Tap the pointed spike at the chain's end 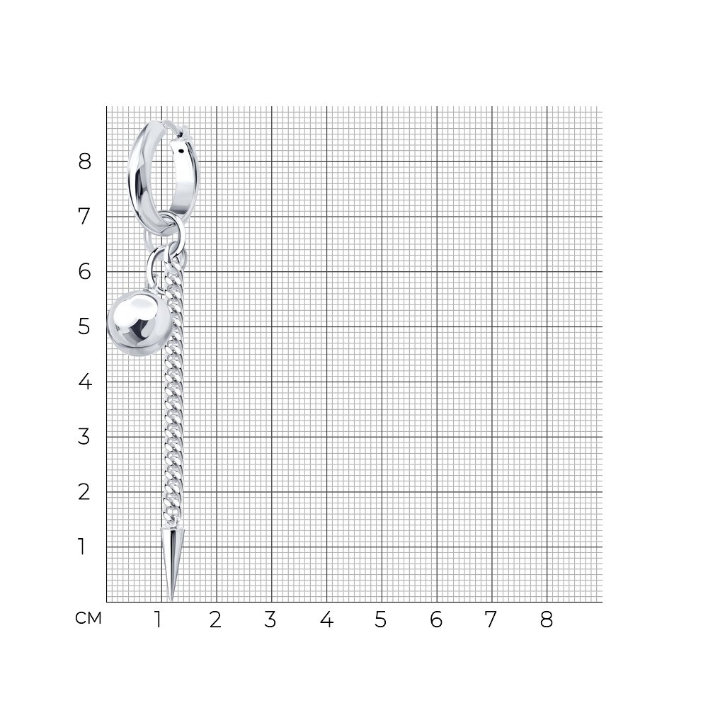tap(172, 563)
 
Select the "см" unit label tap(88, 619)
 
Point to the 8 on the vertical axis tap(84, 161)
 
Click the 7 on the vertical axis tap(84, 216)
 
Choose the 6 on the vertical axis tap(84, 271)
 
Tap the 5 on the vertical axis tap(84, 326)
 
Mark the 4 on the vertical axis tap(85, 382)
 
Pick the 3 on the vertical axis tap(84, 437)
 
